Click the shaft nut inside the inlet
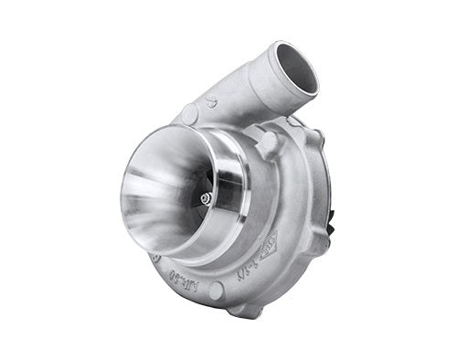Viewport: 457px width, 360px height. coord(207,197)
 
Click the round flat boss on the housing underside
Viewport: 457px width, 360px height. coord(216,291)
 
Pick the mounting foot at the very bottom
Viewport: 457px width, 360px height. coord(244,309)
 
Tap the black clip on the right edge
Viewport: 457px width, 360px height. coord(330,218)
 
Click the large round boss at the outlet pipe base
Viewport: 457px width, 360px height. coord(190,115)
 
